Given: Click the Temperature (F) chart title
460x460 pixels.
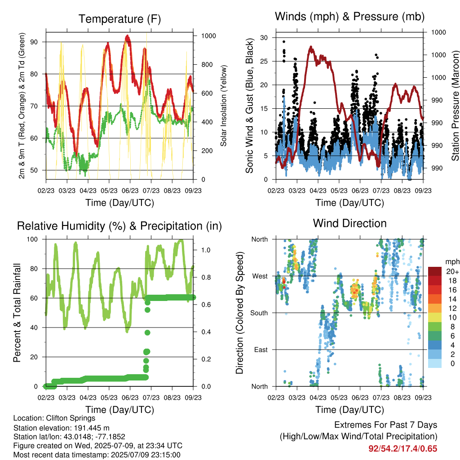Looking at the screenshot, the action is tap(119, 19).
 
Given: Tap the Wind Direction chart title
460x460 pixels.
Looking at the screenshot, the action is tap(349, 223).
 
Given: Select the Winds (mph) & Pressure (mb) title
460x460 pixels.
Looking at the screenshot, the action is tap(349, 17).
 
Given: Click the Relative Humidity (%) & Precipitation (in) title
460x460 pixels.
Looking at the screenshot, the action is tap(119, 226).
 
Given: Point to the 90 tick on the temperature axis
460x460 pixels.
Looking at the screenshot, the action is tap(34, 42).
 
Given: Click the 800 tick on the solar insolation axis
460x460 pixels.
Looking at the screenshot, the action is tap(207, 65).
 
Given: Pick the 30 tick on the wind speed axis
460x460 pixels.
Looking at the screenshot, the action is tap(264, 38).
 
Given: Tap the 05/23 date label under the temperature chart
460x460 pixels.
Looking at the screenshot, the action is tap(109, 190).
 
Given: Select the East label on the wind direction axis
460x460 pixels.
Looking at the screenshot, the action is tap(261, 349).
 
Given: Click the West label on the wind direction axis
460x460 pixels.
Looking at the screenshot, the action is tap(260, 276).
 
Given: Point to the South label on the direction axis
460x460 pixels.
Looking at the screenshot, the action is tap(259, 313).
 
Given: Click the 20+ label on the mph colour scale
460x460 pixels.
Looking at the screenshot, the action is tap(452, 271).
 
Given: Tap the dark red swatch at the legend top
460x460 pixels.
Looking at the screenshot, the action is tap(435, 271).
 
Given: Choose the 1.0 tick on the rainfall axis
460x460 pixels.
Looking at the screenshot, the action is tap(206, 250).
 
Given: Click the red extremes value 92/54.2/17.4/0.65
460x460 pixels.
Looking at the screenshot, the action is tap(403, 449).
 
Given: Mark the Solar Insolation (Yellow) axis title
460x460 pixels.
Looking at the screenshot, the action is tap(224, 106).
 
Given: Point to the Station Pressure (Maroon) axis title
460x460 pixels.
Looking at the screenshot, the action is tap(455, 106).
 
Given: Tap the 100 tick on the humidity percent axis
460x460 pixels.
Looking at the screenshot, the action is tap(32, 239).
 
